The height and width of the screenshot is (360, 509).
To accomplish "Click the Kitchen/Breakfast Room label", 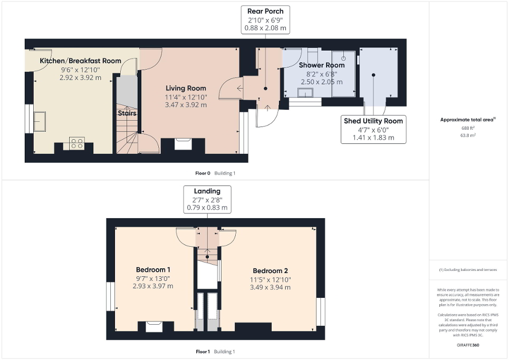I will point(80,61).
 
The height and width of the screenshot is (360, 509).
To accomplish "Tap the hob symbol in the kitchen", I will point(77,143).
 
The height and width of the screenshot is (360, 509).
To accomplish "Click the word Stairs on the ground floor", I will point(127,113).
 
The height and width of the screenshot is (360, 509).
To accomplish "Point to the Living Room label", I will point(186,88).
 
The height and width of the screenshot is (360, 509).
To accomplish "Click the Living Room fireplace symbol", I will point(183,143).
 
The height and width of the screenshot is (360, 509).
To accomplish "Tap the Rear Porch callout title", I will point(265,11).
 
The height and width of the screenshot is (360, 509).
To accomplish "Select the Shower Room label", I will point(321,65).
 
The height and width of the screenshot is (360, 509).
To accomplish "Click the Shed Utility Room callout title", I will point(373,121).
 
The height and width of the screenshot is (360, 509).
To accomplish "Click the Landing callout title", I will point(207,191).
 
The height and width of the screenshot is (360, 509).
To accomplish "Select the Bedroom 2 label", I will point(270,271).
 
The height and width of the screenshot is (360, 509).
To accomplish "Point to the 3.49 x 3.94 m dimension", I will point(270,287).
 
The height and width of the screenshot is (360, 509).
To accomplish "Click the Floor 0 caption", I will point(203,173).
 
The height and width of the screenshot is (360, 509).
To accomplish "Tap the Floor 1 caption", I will point(203,352).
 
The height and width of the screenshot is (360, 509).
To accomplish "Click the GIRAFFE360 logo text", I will point(468,345).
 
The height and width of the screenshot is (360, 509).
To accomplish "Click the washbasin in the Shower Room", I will point(305,93).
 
